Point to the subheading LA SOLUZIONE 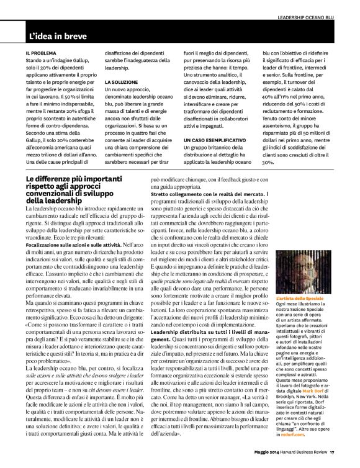pos(121,81)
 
